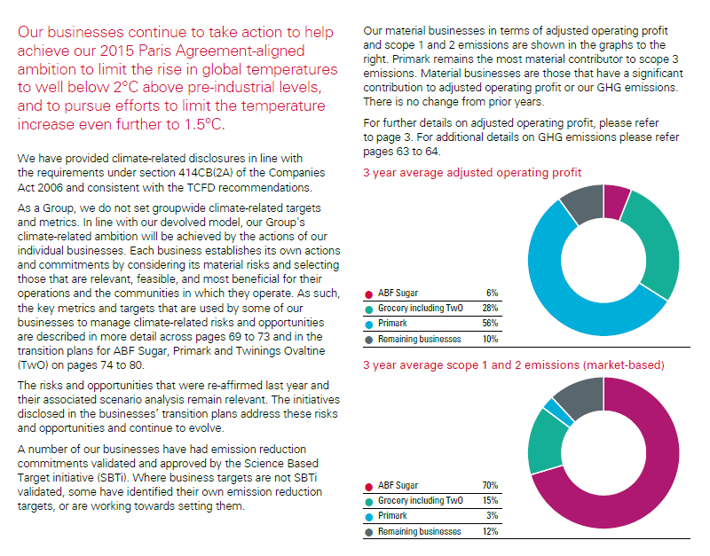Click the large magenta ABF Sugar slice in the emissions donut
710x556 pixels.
[x=639, y=479]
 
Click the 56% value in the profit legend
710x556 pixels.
[x=491, y=324]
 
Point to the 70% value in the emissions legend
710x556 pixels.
[x=490, y=485]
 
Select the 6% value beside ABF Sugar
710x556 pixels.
[x=493, y=293]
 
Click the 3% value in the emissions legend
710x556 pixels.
[x=492, y=515]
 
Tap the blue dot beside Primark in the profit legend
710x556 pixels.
[x=368, y=324]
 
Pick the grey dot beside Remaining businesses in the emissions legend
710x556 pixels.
[x=368, y=531]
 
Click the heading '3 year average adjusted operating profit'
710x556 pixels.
[x=472, y=173]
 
